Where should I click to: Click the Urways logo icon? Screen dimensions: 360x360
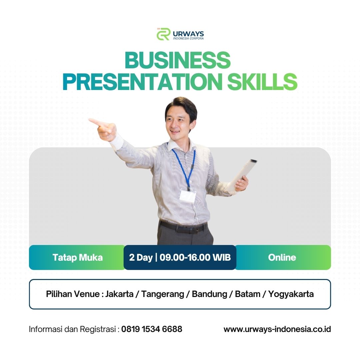(163, 34)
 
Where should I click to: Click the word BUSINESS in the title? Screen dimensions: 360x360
(177, 60)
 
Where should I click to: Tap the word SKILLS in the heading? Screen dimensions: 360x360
(262, 82)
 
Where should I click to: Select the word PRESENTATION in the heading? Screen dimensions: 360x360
(143, 82)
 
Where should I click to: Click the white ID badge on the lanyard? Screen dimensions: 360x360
(188, 196)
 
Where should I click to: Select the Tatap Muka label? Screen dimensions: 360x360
(78, 257)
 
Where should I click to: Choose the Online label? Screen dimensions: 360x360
(282, 257)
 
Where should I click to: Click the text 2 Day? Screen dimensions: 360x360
(141, 257)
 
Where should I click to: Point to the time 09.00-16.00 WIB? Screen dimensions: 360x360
(195, 257)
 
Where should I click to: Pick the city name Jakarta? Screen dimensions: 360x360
(119, 294)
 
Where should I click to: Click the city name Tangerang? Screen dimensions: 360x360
(163, 294)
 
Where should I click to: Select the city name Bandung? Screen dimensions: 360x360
(209, 294)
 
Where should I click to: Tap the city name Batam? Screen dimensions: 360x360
(247, 294)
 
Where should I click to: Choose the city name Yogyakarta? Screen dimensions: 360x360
(291, 294)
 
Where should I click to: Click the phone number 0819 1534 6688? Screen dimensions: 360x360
(152, 329)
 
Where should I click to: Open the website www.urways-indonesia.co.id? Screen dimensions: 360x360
(277, 329)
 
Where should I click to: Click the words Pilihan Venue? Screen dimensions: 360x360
(73, 294)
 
